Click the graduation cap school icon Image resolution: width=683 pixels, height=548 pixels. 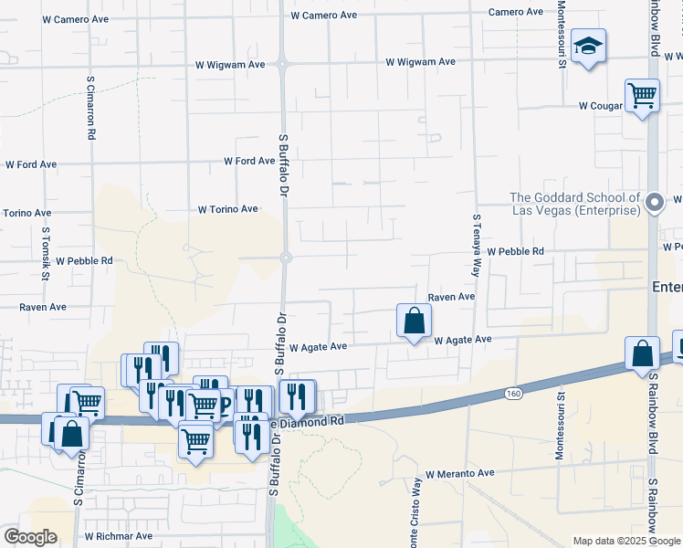click(589, 46)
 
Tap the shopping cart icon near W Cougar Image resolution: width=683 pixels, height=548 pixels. click(642, 95)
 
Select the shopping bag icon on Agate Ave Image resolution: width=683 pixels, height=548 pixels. click(414, 321)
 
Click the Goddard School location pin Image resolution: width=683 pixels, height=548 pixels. click(654, 202)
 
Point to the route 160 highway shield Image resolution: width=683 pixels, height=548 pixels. click(513, 394)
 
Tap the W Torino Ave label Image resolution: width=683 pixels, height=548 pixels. click(227, 209)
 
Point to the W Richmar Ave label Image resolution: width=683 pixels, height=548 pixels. click(118, 536)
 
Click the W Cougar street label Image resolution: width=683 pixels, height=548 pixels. click(600, 106)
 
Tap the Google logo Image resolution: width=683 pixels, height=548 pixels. click(30, 537)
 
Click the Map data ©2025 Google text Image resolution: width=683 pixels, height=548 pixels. click(625, 541)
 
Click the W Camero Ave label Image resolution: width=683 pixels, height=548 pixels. click(323, 16)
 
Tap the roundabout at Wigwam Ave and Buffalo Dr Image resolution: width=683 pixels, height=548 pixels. click(283, 64)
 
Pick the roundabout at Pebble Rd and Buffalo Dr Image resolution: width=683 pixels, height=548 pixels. click(285, 258)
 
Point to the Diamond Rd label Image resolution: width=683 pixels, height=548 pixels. click(314, 421)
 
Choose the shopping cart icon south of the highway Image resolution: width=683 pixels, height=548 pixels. click(196, 442)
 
